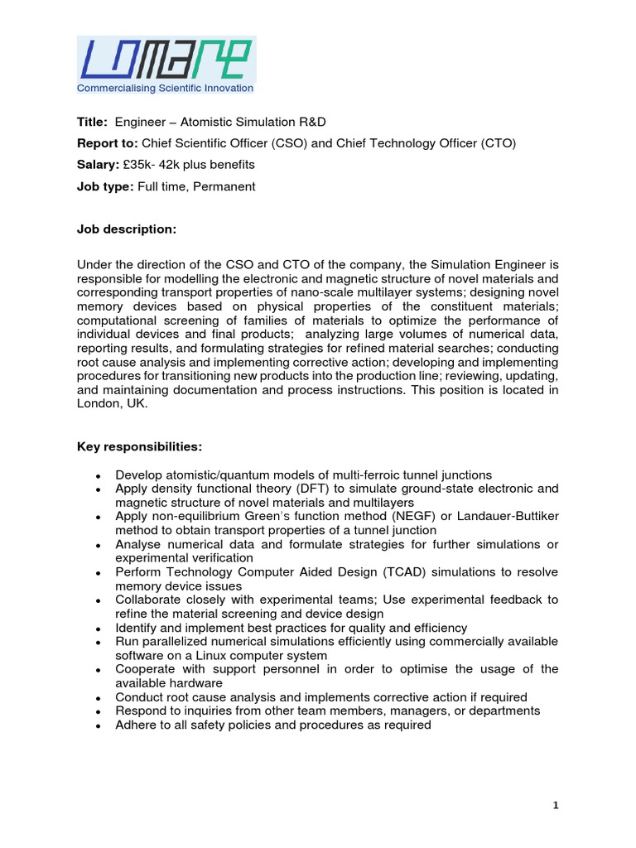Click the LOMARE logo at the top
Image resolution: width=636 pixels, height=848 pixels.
(166, 59)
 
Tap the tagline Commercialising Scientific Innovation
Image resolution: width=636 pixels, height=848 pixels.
(165, 88)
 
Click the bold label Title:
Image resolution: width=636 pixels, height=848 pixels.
(92, 122)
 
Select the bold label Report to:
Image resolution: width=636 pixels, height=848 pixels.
(109, 143)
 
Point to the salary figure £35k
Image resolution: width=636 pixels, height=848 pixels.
(137, 165)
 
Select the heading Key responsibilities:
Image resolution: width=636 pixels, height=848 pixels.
(139, 446)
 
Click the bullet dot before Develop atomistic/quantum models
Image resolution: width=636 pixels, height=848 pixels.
(99, 476)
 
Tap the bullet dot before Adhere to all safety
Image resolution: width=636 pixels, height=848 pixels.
(99, 725)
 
